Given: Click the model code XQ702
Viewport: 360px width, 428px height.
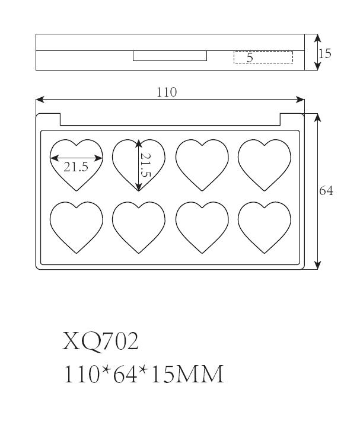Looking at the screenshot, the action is (100, 341).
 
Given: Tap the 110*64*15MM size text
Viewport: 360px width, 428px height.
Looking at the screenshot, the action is (144, 374).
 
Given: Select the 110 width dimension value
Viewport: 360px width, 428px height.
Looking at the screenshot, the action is (166, 92).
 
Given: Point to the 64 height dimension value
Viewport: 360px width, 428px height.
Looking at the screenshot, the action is (326, 191).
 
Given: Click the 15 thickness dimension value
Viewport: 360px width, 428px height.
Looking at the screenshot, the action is (325, 53).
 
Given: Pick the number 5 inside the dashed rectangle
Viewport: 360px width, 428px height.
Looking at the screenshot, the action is (250, 58).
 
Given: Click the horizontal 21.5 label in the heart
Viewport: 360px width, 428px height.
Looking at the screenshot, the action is (76, 167).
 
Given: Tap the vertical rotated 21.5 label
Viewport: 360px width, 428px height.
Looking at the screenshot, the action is (145, 165).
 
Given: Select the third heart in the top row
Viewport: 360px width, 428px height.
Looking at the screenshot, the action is (202, 165).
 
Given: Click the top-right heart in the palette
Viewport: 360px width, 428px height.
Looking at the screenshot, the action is (265, 165).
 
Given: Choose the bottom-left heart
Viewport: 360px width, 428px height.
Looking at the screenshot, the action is (77, 228).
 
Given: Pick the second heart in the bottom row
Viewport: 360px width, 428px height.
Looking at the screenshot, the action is (139, 228).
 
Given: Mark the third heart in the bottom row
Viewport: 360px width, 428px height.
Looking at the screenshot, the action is (202, 228).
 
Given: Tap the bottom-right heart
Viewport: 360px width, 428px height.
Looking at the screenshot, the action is (265, 228).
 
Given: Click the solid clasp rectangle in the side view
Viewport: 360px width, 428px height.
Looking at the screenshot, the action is (170, 56).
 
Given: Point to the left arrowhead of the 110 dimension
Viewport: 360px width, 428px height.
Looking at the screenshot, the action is (40, 100).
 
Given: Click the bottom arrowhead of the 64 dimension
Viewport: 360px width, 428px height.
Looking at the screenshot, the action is (317, 265).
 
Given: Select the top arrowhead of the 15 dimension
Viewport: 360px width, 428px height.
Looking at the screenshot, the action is (317, 38).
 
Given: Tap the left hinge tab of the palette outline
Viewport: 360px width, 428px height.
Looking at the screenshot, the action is (48, 119).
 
